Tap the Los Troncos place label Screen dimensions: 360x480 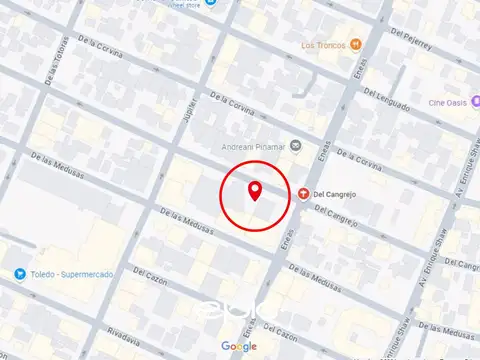point(322,46)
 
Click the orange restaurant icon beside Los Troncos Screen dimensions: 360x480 point(355,45)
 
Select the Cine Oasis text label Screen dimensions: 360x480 point(449,102)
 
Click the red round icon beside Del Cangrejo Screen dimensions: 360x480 point(303,193)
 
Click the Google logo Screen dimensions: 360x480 point(239,346)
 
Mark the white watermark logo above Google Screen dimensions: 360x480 point(239,310)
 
